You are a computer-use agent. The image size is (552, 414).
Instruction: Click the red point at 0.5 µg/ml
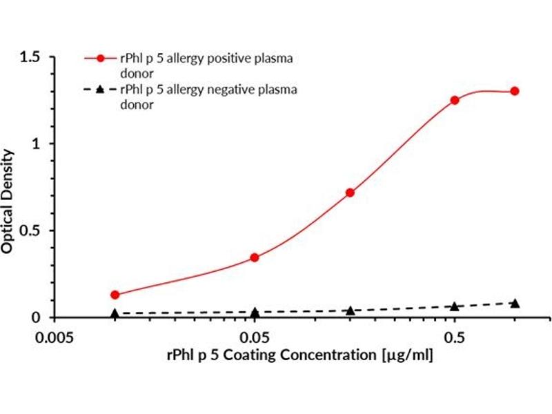[455, 100]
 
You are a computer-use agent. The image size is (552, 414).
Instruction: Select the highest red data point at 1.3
[515, 91]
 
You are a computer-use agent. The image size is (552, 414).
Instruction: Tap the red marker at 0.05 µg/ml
[255, 257]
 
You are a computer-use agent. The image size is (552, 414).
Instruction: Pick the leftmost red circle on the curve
[115, 295]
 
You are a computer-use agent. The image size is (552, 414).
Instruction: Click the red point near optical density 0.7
[350, 193]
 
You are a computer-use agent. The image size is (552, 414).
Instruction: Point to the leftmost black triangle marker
[115, 313]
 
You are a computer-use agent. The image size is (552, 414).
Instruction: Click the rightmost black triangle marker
[515, 303]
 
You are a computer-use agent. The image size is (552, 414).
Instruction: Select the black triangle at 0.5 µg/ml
[455, 306]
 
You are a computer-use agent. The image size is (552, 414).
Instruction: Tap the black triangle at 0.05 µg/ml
[255, 312]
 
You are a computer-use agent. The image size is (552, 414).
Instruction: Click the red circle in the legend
[99, 59]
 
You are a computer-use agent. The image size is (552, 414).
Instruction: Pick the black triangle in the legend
[99, 89]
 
